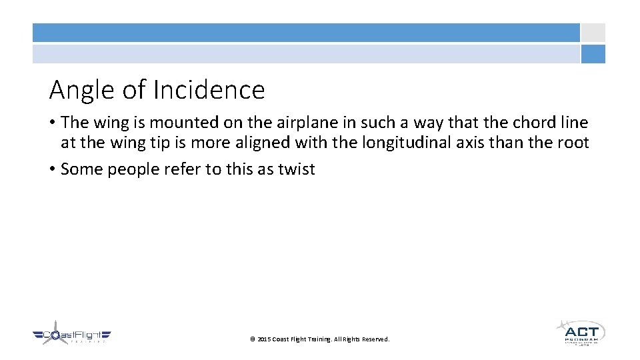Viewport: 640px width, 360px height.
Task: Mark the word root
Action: pyautogui.click(x=575, y=143)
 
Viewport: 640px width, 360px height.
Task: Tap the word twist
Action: pyautogui.click(x=296, y=169)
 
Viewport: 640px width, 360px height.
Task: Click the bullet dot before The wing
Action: pyautogui.click(x=52, y=123)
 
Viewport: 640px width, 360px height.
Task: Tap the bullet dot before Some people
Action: pyautogui.click(x=52, y=169)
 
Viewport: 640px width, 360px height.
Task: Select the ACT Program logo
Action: pyautogui.click(x=580, y=332)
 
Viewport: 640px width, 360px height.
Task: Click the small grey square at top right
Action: pyautogui.click(x=593, y=33)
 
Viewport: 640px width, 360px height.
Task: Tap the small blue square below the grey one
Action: pyautogui.click(x=593, y=54)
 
